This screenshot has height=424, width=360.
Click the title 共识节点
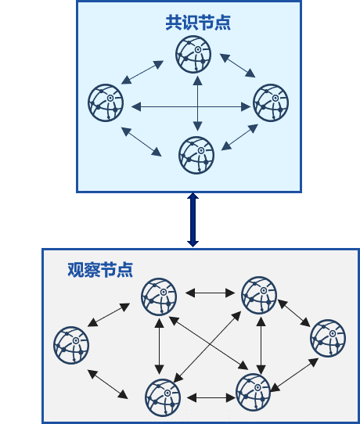click(198, 23)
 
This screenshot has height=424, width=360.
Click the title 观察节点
click(100, 270)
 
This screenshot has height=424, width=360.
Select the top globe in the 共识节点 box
click(193, 54)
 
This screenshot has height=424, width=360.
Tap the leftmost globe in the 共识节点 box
click(106, 102)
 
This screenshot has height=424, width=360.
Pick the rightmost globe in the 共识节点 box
click(271, 102)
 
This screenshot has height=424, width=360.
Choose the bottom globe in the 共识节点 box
click(196, 155)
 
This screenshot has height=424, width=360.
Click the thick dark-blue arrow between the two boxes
click(193, 220)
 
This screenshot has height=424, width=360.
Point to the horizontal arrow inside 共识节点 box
click(191, 107)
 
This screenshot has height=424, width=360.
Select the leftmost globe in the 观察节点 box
click(71, 345)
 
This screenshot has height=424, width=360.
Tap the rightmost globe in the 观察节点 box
click(328, 338)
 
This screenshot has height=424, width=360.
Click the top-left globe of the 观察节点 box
click(159, 296)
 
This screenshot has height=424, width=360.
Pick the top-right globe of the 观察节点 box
click(259, 295)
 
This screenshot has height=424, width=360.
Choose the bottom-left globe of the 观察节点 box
click(163, 397)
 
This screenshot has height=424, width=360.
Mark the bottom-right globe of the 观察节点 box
click(253, 392)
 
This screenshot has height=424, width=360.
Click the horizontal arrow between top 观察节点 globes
click(211, 293)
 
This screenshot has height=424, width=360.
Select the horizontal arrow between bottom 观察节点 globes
click(211, 397)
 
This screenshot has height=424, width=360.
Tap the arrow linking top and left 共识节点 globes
click(142, 73)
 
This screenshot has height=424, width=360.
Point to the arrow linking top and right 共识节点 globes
click(237, 66)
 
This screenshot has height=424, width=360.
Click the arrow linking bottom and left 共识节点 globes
click(141, 142)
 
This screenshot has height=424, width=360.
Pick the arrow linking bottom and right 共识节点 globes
click(239, 137)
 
